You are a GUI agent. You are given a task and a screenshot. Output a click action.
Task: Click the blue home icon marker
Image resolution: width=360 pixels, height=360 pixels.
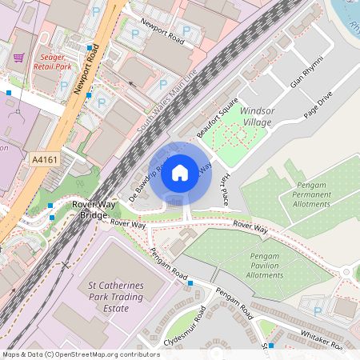(180, 171)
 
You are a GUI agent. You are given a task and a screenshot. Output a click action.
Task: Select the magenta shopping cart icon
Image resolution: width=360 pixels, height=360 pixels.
(18, 58)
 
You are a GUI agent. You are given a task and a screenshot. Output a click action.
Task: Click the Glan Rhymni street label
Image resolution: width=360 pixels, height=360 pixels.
(307, 70)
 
